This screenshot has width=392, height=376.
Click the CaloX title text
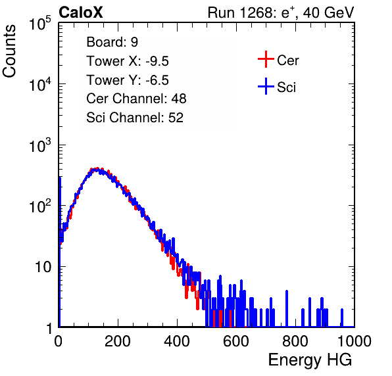coord(81,12)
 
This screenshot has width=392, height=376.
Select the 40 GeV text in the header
coord(328,12)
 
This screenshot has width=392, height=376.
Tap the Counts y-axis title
coord(9,51)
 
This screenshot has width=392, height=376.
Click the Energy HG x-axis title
coord(310,360)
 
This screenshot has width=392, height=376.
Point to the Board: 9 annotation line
coord(112,42)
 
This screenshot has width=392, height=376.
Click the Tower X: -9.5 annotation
coord(128,61)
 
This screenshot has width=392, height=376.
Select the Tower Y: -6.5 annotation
coord(128,80)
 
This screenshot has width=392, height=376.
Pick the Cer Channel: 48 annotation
coord(136,99)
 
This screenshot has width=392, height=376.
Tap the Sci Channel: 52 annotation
coord(135,118)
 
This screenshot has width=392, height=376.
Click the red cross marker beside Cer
coord(266,59)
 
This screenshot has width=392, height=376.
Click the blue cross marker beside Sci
coord(266,87)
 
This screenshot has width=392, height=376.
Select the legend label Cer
coord(287,60)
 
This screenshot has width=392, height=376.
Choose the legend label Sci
coord(286,87)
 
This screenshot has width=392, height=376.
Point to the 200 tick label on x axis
coord(118,341)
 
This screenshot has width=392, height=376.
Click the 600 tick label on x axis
coord(236,341)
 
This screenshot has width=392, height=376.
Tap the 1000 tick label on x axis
coord(355,341)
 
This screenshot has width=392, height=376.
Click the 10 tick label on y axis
coord(43,267)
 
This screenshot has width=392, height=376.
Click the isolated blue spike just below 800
coord(287,308)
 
